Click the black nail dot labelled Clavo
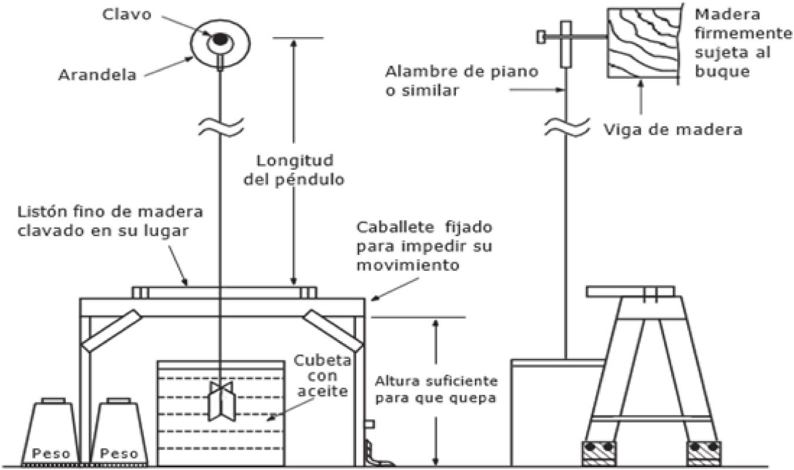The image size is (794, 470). pyautogui.click(x=219, y=39)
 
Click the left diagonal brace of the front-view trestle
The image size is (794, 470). pyautogui.click(x=112, y=331)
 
